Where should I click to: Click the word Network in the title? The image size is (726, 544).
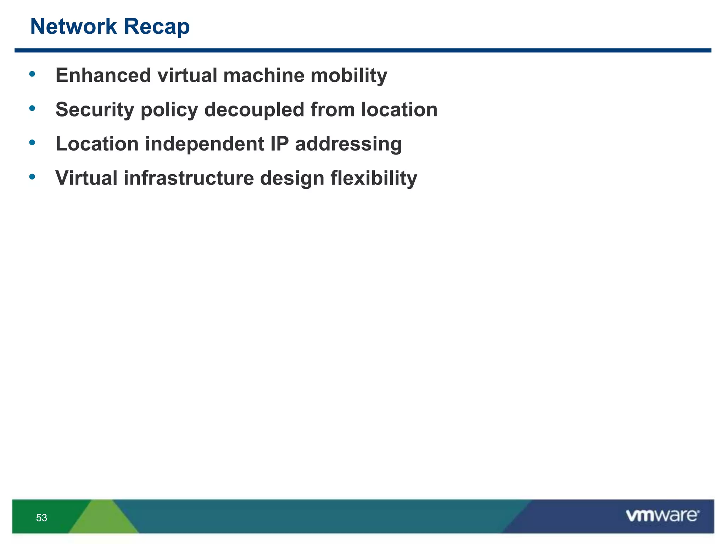coord(73,27)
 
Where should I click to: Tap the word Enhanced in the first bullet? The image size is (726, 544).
coord(103,75)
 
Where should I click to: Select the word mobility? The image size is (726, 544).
coord(349,76)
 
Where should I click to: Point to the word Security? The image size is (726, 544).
coord(95,110)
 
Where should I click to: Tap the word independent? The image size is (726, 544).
coord(205,144)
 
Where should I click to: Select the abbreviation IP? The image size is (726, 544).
coord(279,144)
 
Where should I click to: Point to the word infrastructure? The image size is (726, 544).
coord(189,178)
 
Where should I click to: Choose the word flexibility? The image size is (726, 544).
coord(374,178)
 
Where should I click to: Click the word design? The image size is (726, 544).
coord(292,178)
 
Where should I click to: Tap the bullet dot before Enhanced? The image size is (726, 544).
coord(32,74)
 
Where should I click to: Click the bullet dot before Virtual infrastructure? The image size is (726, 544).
coord(32,176)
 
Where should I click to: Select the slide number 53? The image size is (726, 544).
coord(41,518)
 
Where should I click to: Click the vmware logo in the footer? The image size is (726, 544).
coord(662,516)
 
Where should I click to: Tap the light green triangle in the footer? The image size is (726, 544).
coord(103,519)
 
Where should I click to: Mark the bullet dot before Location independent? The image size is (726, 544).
coord(32,142)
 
